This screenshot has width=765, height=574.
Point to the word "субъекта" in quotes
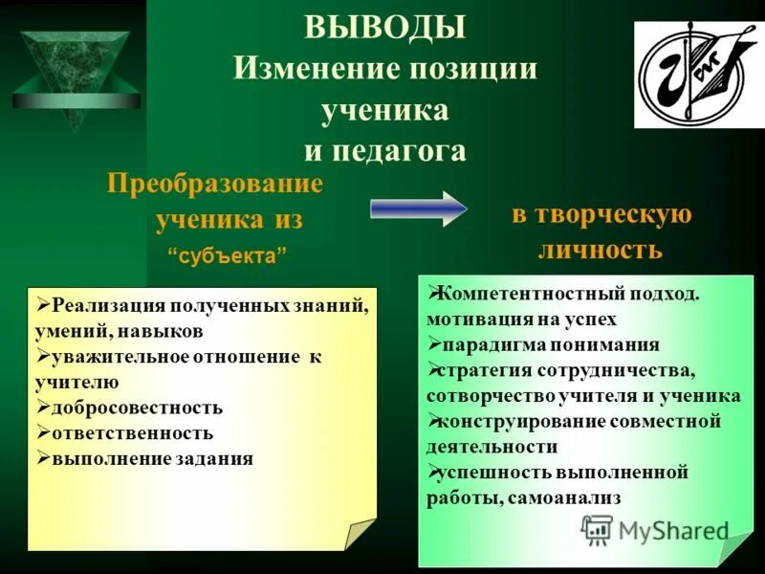pos(228,258)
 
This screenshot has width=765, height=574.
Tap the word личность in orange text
pos(601,250)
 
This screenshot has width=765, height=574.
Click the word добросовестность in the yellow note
pos(138,408)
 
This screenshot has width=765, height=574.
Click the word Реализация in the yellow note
pos(108,307)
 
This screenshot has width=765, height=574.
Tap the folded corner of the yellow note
pos(361,533)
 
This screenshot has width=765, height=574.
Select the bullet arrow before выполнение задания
pos(43,457)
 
